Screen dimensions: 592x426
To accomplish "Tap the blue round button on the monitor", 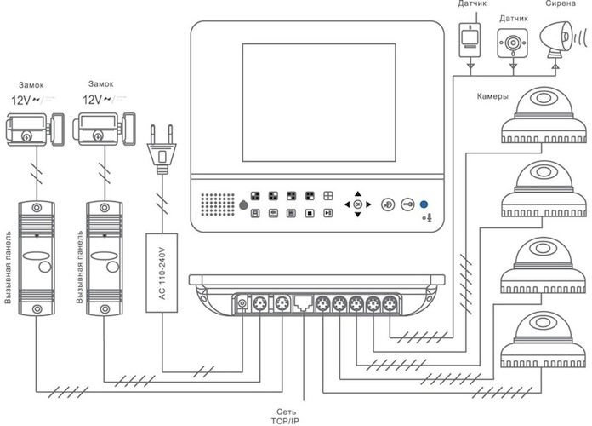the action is click(x=424, y=204).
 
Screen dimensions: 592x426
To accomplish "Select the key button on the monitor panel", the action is click(x=407, y=204).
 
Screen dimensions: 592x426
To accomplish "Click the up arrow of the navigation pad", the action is click(x=358, y=193).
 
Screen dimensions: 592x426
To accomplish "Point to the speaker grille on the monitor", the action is click(x=218, y=204).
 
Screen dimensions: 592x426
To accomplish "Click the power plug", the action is click(x=162, y=149).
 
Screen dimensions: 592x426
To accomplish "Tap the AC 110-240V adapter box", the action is click(x=162, y=273).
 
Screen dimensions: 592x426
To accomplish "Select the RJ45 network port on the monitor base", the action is click(x=303, y=303).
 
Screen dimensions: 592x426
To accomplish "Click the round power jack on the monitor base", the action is click(x=242, y=303).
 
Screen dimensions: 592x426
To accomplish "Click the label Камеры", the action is click(x=492, y=96).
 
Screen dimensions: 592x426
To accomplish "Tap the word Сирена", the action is click(x=561, y=3).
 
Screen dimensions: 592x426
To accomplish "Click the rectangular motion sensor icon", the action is click(x=470, y=40).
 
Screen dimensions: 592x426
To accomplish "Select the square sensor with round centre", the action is click(x=512, y=43).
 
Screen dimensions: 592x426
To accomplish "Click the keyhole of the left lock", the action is click(x=26, y=135).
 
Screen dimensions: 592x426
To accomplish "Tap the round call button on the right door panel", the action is click(x=112, y=267).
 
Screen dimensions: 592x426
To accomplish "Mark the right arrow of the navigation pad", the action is click(x=368, y=204).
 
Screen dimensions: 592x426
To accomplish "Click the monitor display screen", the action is click(x=319, y=102).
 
